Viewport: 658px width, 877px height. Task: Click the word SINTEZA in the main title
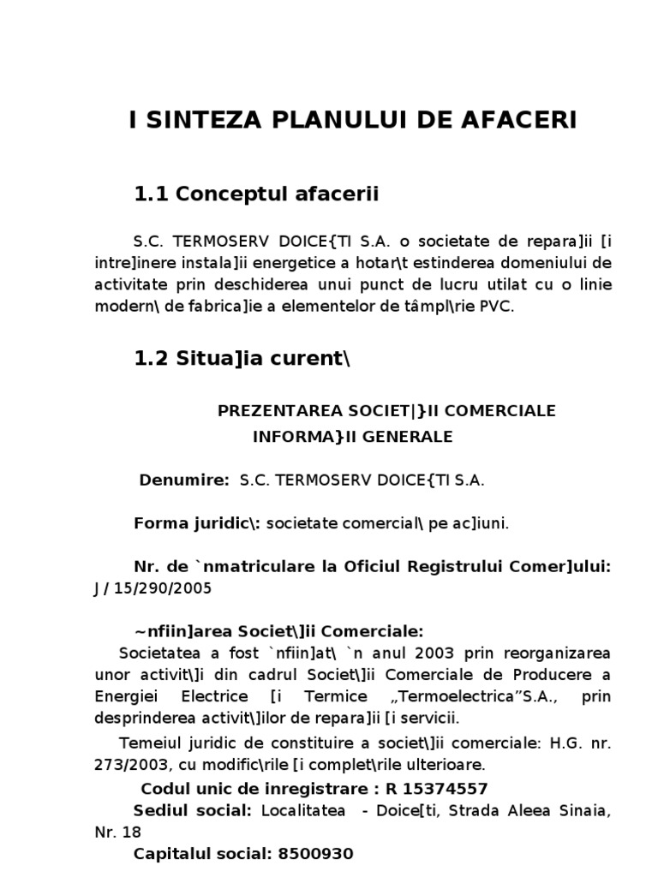coord(194,121)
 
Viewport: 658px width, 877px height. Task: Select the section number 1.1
coord(152,195)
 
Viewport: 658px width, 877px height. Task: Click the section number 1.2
coord(152,360)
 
